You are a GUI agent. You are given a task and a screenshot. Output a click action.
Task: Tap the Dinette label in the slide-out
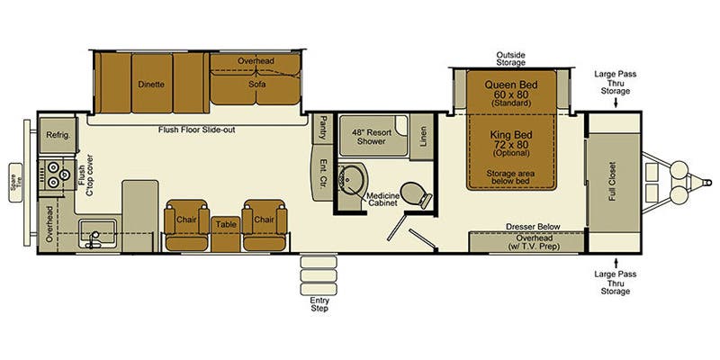151,85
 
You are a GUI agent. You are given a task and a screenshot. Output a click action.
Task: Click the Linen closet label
424,135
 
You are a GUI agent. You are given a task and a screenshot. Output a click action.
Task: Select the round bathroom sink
350,180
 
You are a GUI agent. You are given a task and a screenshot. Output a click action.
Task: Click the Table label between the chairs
225,224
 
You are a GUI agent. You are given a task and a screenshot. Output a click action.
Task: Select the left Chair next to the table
186,219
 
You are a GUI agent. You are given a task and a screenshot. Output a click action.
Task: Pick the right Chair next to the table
264,219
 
